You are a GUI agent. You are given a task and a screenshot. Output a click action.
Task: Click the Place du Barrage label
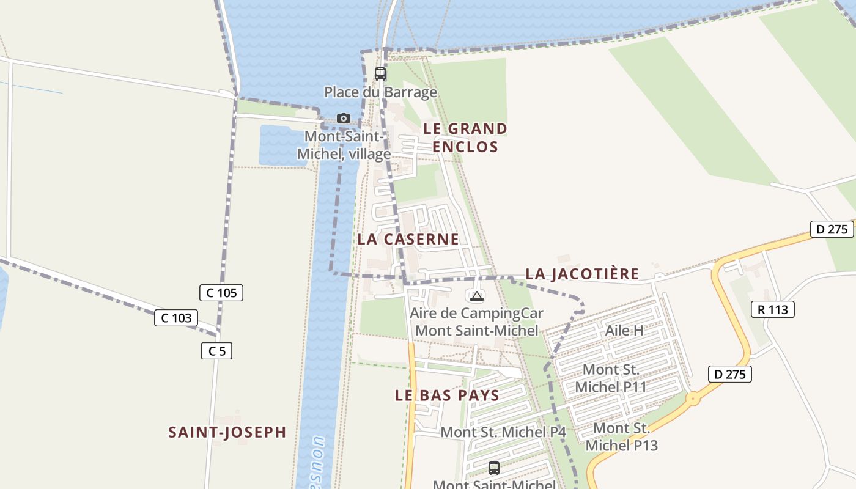click(380, 92)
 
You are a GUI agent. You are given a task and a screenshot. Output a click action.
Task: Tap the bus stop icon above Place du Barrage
click(380, 74)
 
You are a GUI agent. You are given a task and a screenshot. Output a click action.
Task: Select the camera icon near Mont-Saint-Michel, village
click(344, 118)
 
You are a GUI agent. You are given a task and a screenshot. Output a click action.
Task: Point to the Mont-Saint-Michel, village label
click(344, 145)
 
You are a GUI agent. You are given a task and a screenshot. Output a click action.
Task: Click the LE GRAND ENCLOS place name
click(465, 138)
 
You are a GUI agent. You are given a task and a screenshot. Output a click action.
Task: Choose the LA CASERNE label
click(408, 239)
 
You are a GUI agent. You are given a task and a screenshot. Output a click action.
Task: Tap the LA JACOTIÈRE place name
click(582, 274)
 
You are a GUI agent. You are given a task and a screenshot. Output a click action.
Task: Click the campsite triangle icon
click(476, 296)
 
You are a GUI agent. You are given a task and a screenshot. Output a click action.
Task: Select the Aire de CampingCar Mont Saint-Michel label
click(476, 322)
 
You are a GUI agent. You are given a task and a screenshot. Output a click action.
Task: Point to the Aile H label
click(624, 331)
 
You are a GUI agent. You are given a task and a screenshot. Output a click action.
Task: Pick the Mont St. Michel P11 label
click(611, 378)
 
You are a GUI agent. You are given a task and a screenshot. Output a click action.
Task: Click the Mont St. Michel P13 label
click(622, 436)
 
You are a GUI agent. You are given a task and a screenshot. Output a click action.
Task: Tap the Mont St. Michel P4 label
click(503, 432)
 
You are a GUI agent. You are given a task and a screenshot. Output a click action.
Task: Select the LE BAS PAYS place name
click(447, 395)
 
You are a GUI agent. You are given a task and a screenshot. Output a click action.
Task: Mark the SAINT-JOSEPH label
click(227, 432)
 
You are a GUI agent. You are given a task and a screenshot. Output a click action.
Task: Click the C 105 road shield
click(221, 293)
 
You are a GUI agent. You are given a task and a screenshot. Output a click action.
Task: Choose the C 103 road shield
click(176, 318)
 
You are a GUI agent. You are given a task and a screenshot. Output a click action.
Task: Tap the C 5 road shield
click(216, 351)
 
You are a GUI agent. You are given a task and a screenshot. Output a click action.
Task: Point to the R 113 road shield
click(773, 309)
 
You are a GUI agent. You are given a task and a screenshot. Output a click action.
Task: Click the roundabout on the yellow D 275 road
click(693, 400)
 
